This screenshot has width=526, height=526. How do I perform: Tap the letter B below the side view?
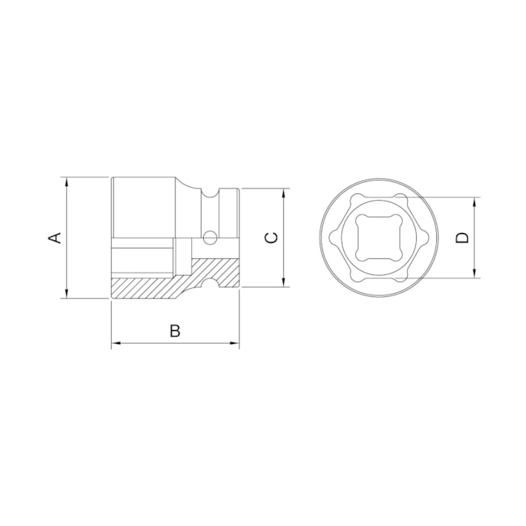click(174, 330)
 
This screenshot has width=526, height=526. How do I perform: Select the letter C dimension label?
click(272, 237)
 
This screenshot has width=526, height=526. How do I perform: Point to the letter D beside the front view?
click(461, 237)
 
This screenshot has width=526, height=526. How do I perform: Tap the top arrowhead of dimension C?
click(285, 193)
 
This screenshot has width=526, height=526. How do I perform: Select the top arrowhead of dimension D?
click(474, 201)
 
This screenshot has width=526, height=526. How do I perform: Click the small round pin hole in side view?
click(210, 238)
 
